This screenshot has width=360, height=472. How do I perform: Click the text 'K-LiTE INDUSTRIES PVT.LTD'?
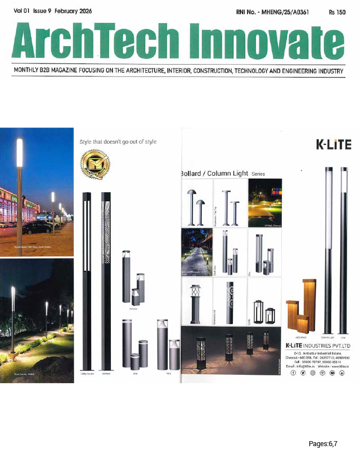(x=318, y=344)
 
